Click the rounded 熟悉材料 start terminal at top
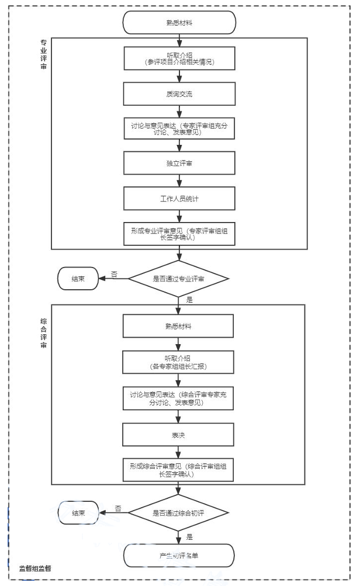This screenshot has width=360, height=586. tap(179, 23)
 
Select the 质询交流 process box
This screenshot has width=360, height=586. tap(179, 93)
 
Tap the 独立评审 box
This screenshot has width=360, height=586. tap(179, 163)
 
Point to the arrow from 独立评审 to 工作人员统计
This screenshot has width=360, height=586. tap(179, 181)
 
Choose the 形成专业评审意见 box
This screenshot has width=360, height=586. tap(179, 233)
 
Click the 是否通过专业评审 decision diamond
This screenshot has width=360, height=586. tap(179, 279)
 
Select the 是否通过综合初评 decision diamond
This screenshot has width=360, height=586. tap(179, 513)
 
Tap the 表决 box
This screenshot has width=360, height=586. tap(179, 435)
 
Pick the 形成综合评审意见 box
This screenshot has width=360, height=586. tap(179, 470)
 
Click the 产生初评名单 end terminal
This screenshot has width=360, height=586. tap(179, 556)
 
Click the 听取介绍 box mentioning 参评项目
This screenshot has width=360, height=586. tap(179, 58)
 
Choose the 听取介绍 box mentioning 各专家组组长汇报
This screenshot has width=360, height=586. tap(179, 362)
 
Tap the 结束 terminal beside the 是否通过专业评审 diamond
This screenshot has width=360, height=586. tap(78, 279)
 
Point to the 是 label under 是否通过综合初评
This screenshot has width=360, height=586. tap(189, 535)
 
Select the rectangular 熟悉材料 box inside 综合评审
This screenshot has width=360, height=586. tap(179, 326)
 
